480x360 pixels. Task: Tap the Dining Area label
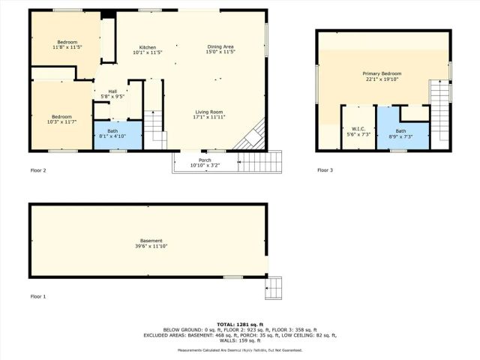pos(221,47)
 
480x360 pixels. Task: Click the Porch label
pos(205,160)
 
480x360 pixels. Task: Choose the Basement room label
pos(151,241)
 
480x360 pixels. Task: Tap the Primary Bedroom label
pos(382,73)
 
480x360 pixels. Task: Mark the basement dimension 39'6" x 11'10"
pos(151,246)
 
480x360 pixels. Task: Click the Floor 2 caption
pos(38,171)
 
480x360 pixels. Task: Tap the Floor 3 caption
pos(325,170)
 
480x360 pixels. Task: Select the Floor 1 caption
pos(38,297)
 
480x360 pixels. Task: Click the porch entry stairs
pos(262,161)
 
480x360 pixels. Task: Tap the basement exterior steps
pos(274,287)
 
